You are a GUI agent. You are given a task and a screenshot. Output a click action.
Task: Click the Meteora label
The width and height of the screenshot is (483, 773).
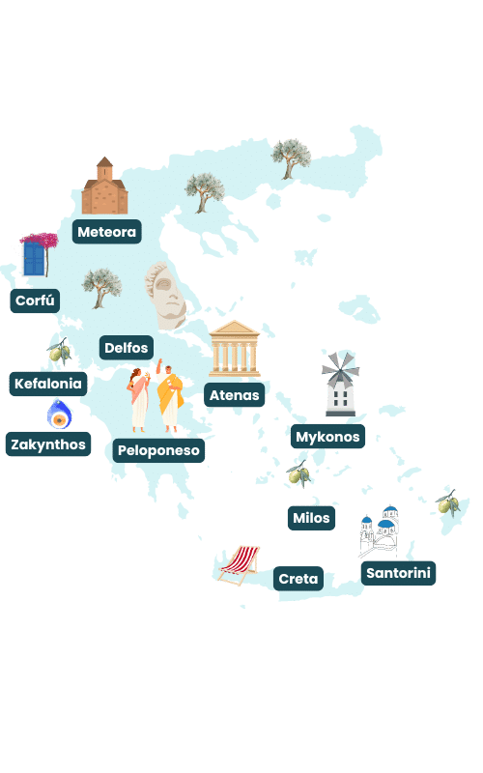coord(107,232)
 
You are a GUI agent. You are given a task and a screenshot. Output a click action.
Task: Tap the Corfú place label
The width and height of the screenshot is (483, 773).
coord(37,301)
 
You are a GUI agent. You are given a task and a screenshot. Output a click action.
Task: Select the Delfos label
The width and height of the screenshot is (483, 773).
coord(127,347)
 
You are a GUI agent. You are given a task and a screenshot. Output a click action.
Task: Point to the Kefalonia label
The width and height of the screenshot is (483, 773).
coord(49,384)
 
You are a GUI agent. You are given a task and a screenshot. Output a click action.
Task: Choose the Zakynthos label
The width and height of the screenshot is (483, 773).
coord(48,444)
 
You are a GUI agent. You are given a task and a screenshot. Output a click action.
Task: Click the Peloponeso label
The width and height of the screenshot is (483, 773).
coord(158,450)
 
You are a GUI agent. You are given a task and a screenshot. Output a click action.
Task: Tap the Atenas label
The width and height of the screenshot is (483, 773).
coord(234,395)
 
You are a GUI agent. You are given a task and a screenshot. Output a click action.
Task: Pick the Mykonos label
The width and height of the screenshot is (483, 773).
coord(327,437)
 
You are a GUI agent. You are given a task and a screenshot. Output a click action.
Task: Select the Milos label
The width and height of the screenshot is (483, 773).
coord(311,518)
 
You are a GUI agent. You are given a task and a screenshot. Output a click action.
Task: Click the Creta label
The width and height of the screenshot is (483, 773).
coord(298,579)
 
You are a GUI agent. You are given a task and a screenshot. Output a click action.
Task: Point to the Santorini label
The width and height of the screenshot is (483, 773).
coord(399,573)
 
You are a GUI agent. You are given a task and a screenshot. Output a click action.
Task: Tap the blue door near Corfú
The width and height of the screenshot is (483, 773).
coord(35,258)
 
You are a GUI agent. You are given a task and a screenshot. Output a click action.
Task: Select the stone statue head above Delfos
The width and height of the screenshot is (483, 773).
coord(166,296)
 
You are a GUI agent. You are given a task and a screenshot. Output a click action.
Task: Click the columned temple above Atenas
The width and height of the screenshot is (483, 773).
coord(235,350)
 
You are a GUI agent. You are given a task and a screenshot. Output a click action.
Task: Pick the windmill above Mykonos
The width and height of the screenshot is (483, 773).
coord(340,383)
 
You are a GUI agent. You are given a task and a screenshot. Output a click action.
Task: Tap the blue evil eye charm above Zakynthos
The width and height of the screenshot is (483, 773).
coord(60,415)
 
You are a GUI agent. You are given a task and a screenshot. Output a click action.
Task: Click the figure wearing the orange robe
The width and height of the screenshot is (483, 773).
coord(171,395)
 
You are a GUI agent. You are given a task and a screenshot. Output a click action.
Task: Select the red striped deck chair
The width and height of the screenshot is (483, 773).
coord(240,563)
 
